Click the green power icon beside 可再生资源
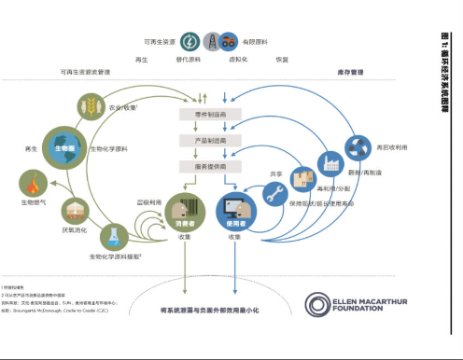pyautogui.click(x=189, y=42)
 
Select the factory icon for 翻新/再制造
pyautogui.click(x=332, y=163)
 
